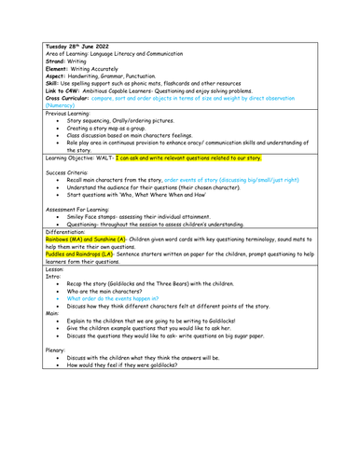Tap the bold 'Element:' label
pyautogui.click(x=59, y=73)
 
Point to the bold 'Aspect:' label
pyautogui.click(x=57, y=81)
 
